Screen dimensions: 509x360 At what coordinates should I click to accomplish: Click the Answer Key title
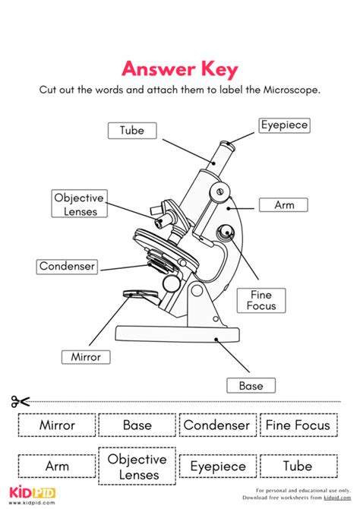(x=180, y=69)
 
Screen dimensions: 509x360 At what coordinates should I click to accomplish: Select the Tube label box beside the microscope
(x=131, y=130)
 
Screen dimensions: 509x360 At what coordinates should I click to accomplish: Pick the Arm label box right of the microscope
(x=283, y=204)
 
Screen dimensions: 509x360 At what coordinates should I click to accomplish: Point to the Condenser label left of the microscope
(x=68, y=266)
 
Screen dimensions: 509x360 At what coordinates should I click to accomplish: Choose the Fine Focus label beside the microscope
(x=261, y=300)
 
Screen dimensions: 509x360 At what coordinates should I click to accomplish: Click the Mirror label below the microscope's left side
(x=86, y=356)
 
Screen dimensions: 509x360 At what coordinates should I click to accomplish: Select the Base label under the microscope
(x=251, y=386)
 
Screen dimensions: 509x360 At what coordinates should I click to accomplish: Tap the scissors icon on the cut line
(x=21, y=402)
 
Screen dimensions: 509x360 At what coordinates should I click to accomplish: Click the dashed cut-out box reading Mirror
(x=57, y=425)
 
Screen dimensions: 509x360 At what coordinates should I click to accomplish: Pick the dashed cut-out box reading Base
(x=137, y=425)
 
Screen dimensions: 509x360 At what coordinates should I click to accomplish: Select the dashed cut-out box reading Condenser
(x=216, y=425)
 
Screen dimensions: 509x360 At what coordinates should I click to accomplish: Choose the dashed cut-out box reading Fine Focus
(x=297, y=425)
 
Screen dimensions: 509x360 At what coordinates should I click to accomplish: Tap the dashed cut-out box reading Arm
(x=57, y=466)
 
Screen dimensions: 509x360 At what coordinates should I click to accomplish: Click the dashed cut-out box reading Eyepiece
(x=218, y=466)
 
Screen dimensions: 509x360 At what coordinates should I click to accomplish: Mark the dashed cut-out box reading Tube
(x=297, y=466)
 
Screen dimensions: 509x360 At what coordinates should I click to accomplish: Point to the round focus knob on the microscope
(x=226, y=232)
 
